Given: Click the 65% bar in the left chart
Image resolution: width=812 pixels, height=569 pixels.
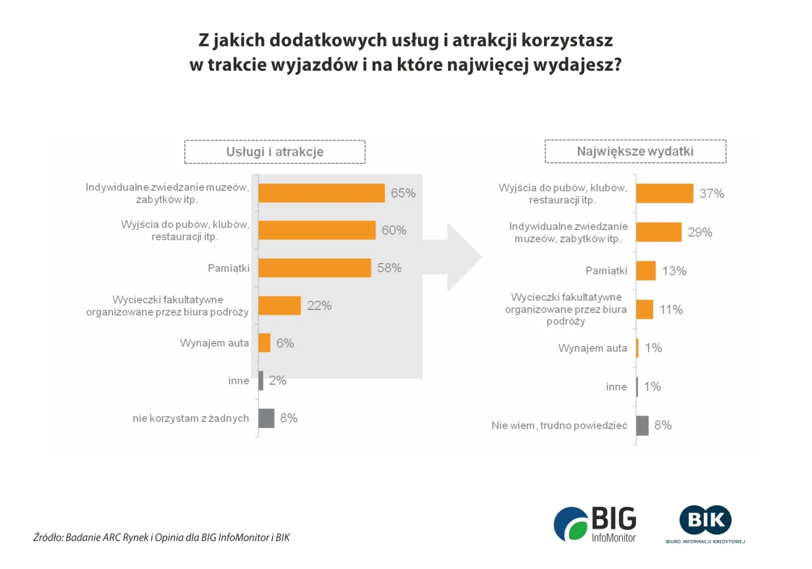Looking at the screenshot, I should click(321, 193).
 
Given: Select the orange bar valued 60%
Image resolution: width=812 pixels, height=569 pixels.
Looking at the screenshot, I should click(317, 230).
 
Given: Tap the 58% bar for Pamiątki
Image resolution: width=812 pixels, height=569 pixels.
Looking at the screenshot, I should click(314, 268).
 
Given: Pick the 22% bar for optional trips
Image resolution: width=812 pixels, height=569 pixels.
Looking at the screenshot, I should click(280, 305).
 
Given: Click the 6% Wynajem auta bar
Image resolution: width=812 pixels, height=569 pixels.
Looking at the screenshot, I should click(264, 343).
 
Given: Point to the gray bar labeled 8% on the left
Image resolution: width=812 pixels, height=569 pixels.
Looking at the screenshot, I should click(266, 418).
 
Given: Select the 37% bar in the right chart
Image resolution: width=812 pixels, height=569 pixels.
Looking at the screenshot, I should click(665, 194).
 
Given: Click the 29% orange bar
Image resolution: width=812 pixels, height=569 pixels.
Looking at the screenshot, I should click(659, 232).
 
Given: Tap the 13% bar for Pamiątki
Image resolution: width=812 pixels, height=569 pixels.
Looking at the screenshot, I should click(646, 271).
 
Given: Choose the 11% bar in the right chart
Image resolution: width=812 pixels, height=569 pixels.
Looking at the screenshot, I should click(645, 309).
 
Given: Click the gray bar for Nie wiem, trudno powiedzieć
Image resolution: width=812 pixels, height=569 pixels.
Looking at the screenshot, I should click(642, 425).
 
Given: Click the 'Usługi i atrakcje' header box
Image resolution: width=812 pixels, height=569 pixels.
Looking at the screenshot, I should click(275, 152).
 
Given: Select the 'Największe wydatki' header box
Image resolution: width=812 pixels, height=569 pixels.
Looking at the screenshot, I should click(635, 151).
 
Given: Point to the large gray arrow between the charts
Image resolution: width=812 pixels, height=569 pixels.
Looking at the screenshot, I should click(455, 256).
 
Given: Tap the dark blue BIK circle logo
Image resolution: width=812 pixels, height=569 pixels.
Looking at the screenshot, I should click(705, 520).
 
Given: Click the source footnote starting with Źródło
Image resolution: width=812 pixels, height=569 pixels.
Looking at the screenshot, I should click(161, 537).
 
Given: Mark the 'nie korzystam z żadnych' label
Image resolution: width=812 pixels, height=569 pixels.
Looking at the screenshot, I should click(190, 418).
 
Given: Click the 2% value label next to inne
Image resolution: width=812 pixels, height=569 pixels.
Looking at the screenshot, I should click(277, 381).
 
